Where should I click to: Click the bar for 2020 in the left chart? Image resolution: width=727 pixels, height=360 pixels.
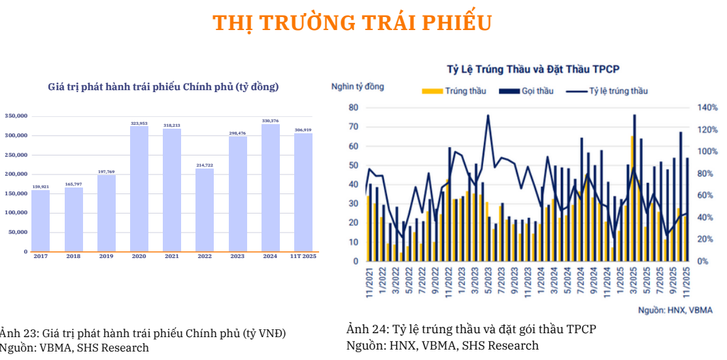139,189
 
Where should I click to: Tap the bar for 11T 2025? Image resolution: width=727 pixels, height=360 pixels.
303,193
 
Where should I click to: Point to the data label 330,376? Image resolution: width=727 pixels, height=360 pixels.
270,121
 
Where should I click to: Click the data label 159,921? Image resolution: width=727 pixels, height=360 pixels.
41,187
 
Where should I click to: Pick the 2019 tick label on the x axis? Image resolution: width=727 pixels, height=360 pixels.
106,256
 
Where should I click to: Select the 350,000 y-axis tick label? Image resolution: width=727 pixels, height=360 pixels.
16,116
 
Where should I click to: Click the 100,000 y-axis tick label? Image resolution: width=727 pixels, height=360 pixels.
16,212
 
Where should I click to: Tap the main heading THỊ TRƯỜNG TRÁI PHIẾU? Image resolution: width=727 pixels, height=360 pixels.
352,23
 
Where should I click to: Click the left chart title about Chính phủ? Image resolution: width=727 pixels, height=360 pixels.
163,86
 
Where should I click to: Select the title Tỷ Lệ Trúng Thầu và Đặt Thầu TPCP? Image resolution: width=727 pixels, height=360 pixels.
533,69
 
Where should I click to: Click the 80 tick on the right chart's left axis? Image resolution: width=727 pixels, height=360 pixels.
353,107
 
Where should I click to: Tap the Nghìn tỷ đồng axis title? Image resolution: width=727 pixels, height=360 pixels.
358,86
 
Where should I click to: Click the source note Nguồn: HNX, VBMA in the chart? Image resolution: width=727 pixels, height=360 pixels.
675,310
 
